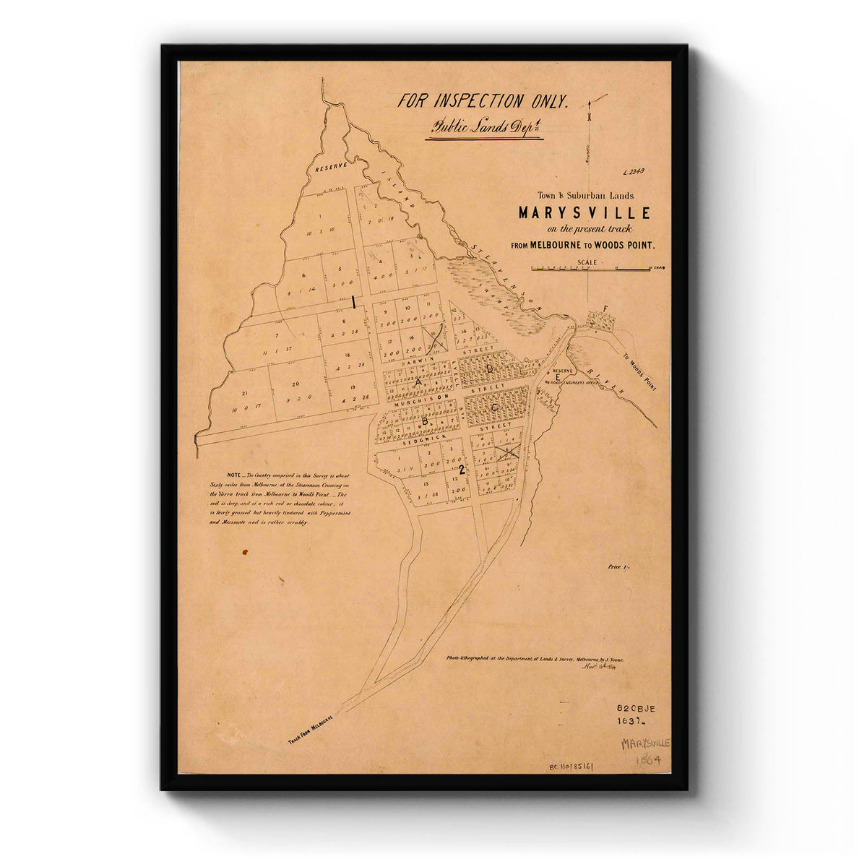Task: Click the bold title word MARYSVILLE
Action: tap(584, 213)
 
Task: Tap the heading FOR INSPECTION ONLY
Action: tap(483, 101)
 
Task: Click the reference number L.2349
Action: tap(633, 172)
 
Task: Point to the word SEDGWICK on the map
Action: tap(400, 437)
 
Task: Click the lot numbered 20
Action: tap(296, 384)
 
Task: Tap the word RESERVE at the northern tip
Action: tap(330, 166)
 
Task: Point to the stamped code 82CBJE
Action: tap(635, 709)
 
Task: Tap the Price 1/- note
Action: tap(618, 567)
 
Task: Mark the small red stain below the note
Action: tap(245, 551)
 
